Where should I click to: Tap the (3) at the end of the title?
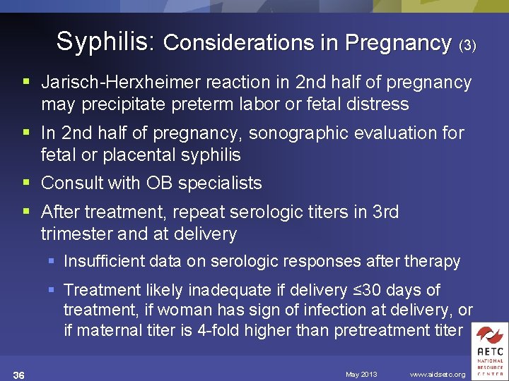467,45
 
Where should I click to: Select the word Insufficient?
107,261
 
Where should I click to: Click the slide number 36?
19,374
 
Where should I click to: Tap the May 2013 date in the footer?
361,374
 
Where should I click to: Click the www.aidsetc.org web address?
438,374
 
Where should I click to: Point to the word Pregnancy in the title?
398,43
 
